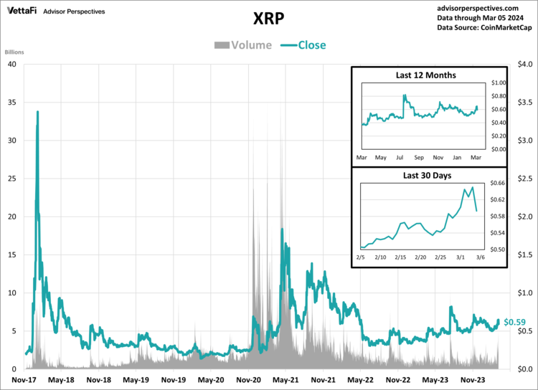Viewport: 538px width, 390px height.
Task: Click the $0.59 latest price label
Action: [x=515, y=323]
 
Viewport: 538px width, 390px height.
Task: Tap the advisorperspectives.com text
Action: [x=485, y=6]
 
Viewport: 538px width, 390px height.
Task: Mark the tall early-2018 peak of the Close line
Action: [x=37, y=112]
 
